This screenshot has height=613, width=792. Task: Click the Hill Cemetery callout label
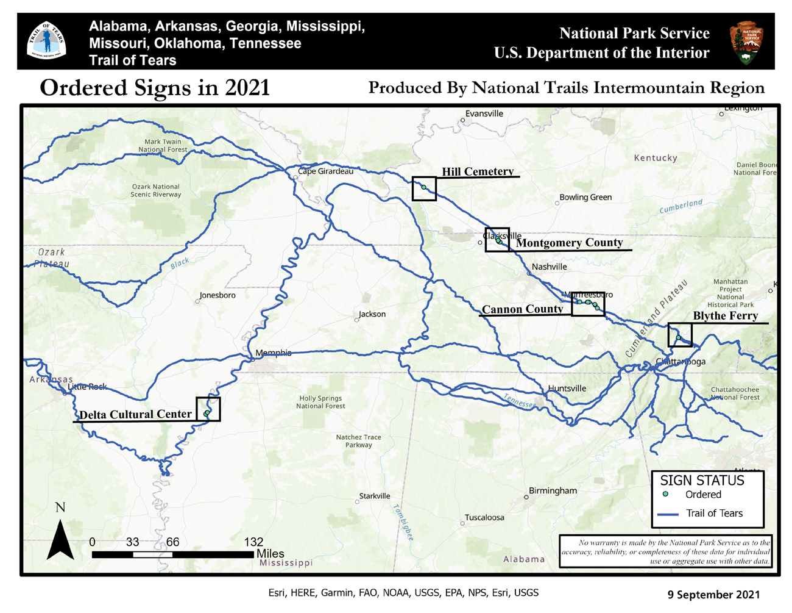[x=478, y=171]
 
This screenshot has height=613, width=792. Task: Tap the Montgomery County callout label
[x=569, y=243]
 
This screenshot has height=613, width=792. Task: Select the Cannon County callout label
[x=522, y=309]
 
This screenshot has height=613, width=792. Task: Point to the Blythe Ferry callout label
[x=725, y=316]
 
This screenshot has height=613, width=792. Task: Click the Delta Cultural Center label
[x=135, y=415]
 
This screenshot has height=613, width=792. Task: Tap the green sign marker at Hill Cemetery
[x=424, y=187]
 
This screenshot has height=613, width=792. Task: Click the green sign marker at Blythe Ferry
[x=678, y=337]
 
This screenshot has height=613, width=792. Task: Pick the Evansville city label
[x=484, y=113]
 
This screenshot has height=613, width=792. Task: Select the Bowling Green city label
[x=585, y=198]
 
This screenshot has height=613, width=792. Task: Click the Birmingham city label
[x=553, y=491]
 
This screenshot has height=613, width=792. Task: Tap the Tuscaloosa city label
[x=484, y=518]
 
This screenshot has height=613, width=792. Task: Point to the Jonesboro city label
[x=217, y=295]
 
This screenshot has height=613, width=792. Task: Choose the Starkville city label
[x=374, y=496]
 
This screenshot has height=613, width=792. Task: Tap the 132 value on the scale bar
[x=253, y=542]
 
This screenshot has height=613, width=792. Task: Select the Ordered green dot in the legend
[x=665, y=494]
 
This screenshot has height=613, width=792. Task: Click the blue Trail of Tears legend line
[x=668, y=514]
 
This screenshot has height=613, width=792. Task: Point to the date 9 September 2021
[x=713, y=594]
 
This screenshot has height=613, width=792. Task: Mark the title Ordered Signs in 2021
[x=155, y=88]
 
